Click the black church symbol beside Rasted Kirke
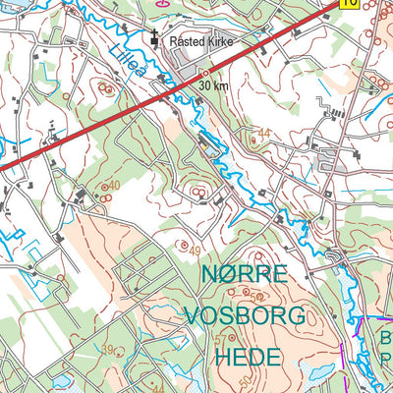pyautogui.click(x=155, y=39)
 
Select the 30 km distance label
pyautogui.click(x=211, y=86)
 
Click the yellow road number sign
pyautogui.click(x=348, y=3)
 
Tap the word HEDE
pyautogui.click(x=246, y=357)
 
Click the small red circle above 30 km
pyautogui.click(x=204, y=74)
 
